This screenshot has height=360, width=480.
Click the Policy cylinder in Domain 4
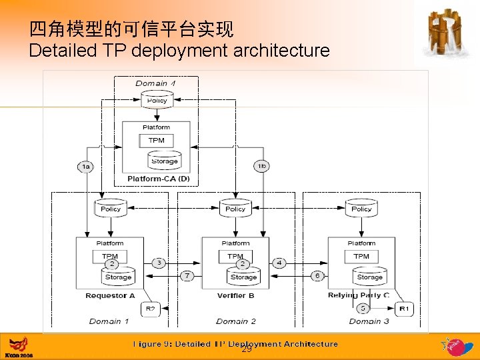coord(157,100)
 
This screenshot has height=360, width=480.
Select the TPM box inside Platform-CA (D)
coord(156,141)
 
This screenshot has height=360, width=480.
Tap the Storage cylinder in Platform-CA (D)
coord(164,160)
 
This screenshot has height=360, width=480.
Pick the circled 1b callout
coord(261,166)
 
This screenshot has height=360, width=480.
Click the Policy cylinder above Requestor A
coord(110,209)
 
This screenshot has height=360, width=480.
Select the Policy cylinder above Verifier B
coord(235,209)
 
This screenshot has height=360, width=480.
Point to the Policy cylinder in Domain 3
coord(361,209)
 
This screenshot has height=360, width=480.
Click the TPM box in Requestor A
coord(109,256)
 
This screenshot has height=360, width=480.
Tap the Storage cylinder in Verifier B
coord(243,276)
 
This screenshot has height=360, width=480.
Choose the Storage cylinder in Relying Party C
coord(369,276)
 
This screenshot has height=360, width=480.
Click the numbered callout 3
coord(159,263)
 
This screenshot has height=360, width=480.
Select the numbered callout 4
coord(279,263)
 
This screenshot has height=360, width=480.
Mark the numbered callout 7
coord(188,275)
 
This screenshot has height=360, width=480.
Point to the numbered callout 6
coord(317,275)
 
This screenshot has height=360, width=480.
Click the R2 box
coord(150,309)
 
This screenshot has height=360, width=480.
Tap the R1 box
coord(404,309)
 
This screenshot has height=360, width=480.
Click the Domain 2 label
coord(235,321)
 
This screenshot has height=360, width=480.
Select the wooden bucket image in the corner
coord(445,33)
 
